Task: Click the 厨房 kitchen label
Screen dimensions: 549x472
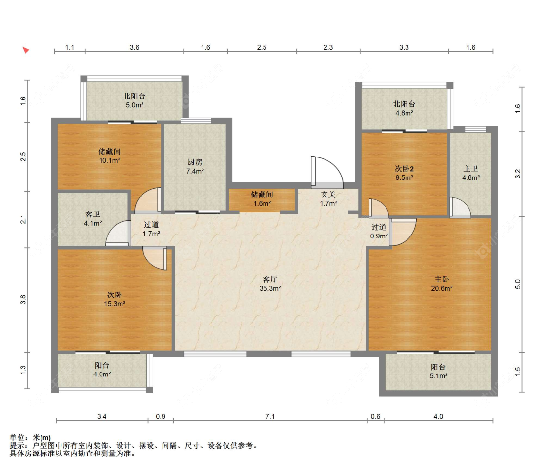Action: pos(195,162)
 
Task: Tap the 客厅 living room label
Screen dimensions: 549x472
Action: pos(270,279)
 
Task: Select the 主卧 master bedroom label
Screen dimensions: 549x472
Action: pos(442,279)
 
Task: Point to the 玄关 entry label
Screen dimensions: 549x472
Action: pos(328,195)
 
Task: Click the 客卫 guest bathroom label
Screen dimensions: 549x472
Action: pos(92,214)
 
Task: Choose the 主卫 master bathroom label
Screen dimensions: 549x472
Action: pos(470,169)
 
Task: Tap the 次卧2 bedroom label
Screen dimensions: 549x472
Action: pos(405,169)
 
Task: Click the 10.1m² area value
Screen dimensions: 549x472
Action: pos(110,160)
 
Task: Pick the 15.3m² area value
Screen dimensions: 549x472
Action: pos(115,304)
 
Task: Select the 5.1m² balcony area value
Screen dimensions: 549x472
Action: pos(438,376)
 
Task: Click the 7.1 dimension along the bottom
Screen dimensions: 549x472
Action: pos(270,416)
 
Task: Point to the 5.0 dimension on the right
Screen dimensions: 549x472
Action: pos(518,284)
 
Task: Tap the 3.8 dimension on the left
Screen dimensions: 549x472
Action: pos(23,299)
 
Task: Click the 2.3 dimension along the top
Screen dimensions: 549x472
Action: pos(328,47)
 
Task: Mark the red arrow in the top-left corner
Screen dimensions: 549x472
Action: pos(26,50)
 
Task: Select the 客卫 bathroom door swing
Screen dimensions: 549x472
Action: pos(119,233)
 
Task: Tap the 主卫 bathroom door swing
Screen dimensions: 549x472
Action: pos(460,208)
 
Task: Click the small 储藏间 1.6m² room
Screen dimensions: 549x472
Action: pos(262,200)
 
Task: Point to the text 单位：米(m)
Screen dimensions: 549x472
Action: pos(30,437)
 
